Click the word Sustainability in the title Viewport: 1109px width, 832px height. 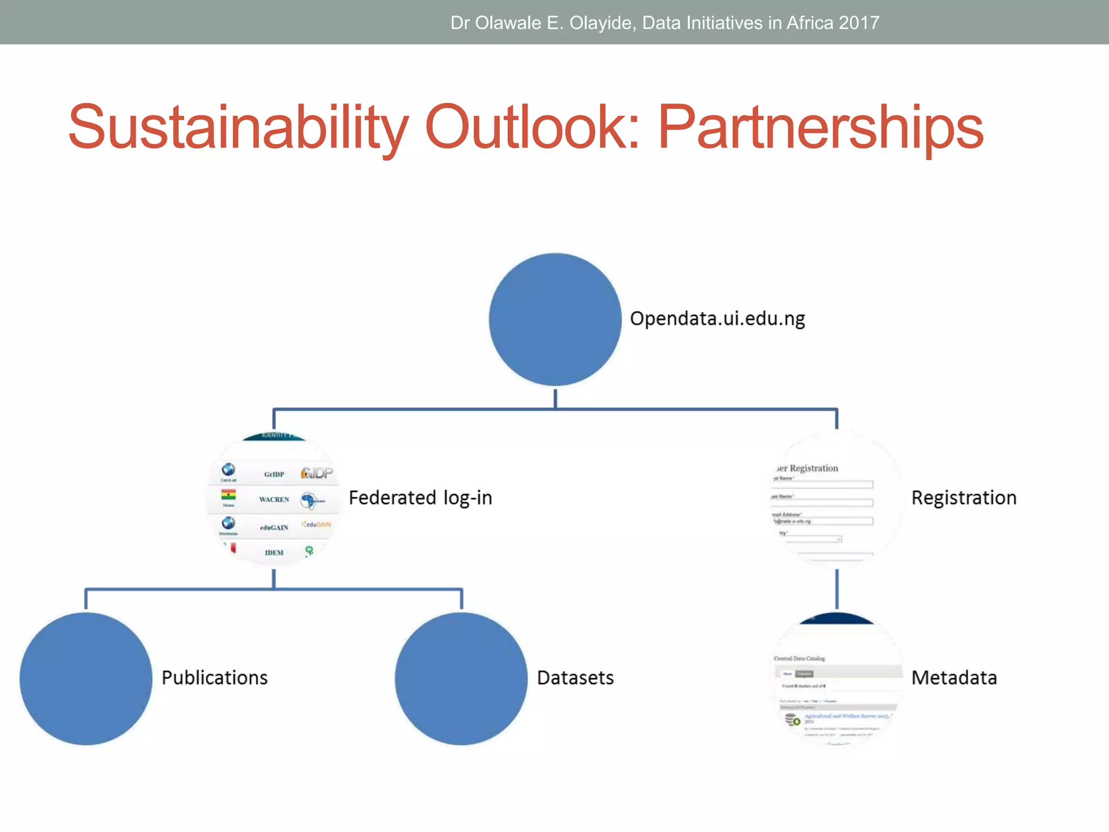(x=238, y=127)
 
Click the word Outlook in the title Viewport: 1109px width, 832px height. (x=533, y=127)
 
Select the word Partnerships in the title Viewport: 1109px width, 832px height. (x=820, y=127)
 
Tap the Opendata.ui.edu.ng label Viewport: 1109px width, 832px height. (x=717, y=318)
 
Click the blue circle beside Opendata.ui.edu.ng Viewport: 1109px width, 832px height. (x=555, y=320)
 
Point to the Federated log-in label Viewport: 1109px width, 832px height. (x=420, y=498)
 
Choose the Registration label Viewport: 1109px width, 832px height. (x=964, y=498)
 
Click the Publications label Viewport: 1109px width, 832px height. (x=214, y=678)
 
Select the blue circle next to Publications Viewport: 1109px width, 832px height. (x=86, y=679)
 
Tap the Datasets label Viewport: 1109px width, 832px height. (x=575, y=678)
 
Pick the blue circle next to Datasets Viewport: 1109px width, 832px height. (x=461, y=679)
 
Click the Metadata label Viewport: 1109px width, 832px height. (x=954, y=678)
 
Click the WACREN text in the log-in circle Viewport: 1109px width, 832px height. (x=274, y=499)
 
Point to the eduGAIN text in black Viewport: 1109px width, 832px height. (x=274, y=528)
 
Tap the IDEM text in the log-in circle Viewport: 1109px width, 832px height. (x=274, y=552)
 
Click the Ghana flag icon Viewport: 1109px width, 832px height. (x=229, y=495)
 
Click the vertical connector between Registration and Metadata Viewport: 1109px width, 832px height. (x=837, y=589)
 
